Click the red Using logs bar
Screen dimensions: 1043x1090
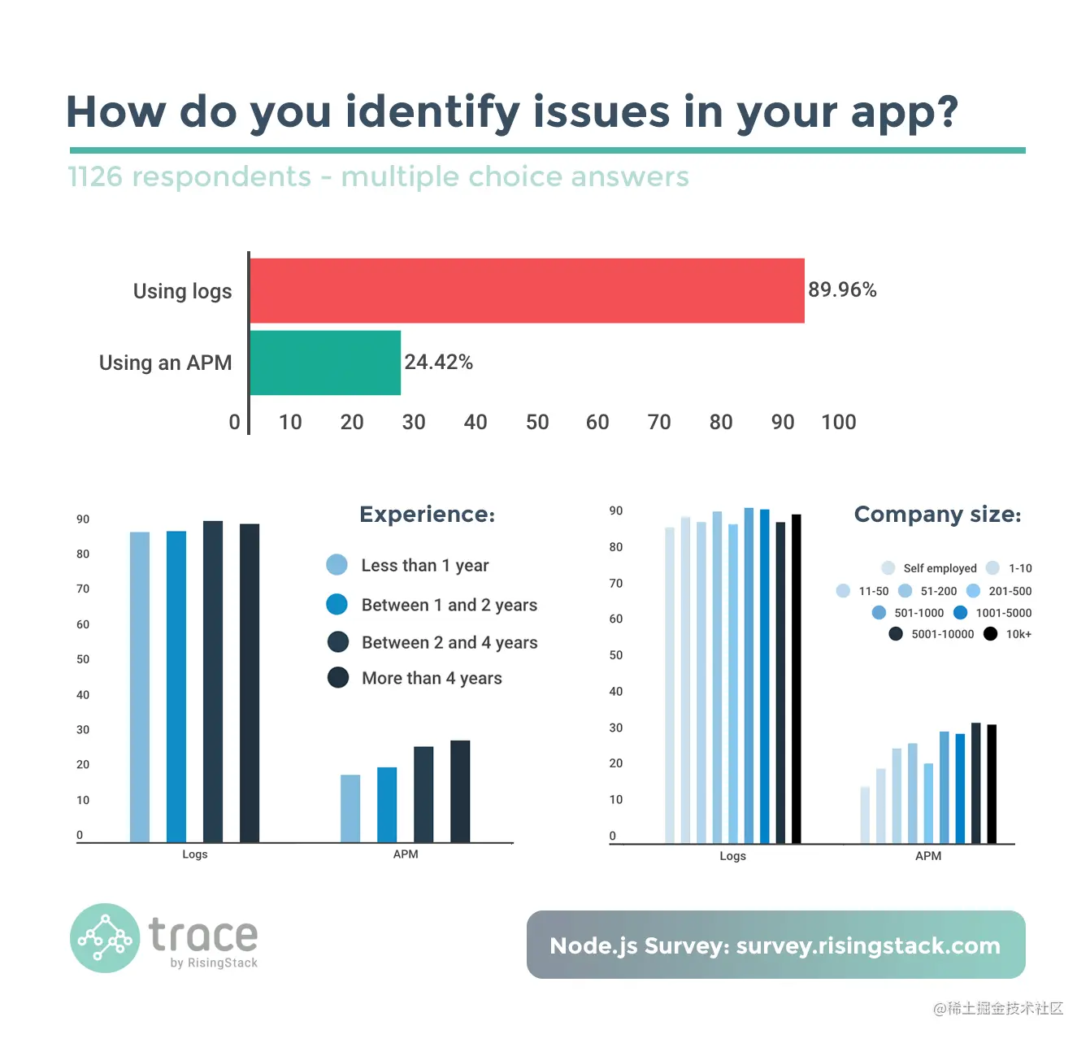(527, 291)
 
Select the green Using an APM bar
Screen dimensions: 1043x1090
(325, 363)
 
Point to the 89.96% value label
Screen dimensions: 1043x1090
(842, 290)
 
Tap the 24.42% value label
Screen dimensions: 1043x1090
(438, 362)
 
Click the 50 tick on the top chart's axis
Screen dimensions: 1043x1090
(537, 422)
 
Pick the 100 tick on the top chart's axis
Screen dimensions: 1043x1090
(839, 422)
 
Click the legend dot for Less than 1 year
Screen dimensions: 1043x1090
(337, 565)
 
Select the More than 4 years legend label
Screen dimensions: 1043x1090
(432, 678)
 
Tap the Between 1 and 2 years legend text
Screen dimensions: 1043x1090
(449, 605)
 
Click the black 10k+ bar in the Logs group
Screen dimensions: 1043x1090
(797, 679)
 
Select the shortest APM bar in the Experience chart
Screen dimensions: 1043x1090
(350, 808)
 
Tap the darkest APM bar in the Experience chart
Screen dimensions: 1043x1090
(460, 791)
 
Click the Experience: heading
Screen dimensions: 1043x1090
(427, 515)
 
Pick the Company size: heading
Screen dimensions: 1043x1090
(937, 515)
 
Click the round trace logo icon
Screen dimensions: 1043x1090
(105, 938)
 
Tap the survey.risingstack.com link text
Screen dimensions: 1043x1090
(868, 945)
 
